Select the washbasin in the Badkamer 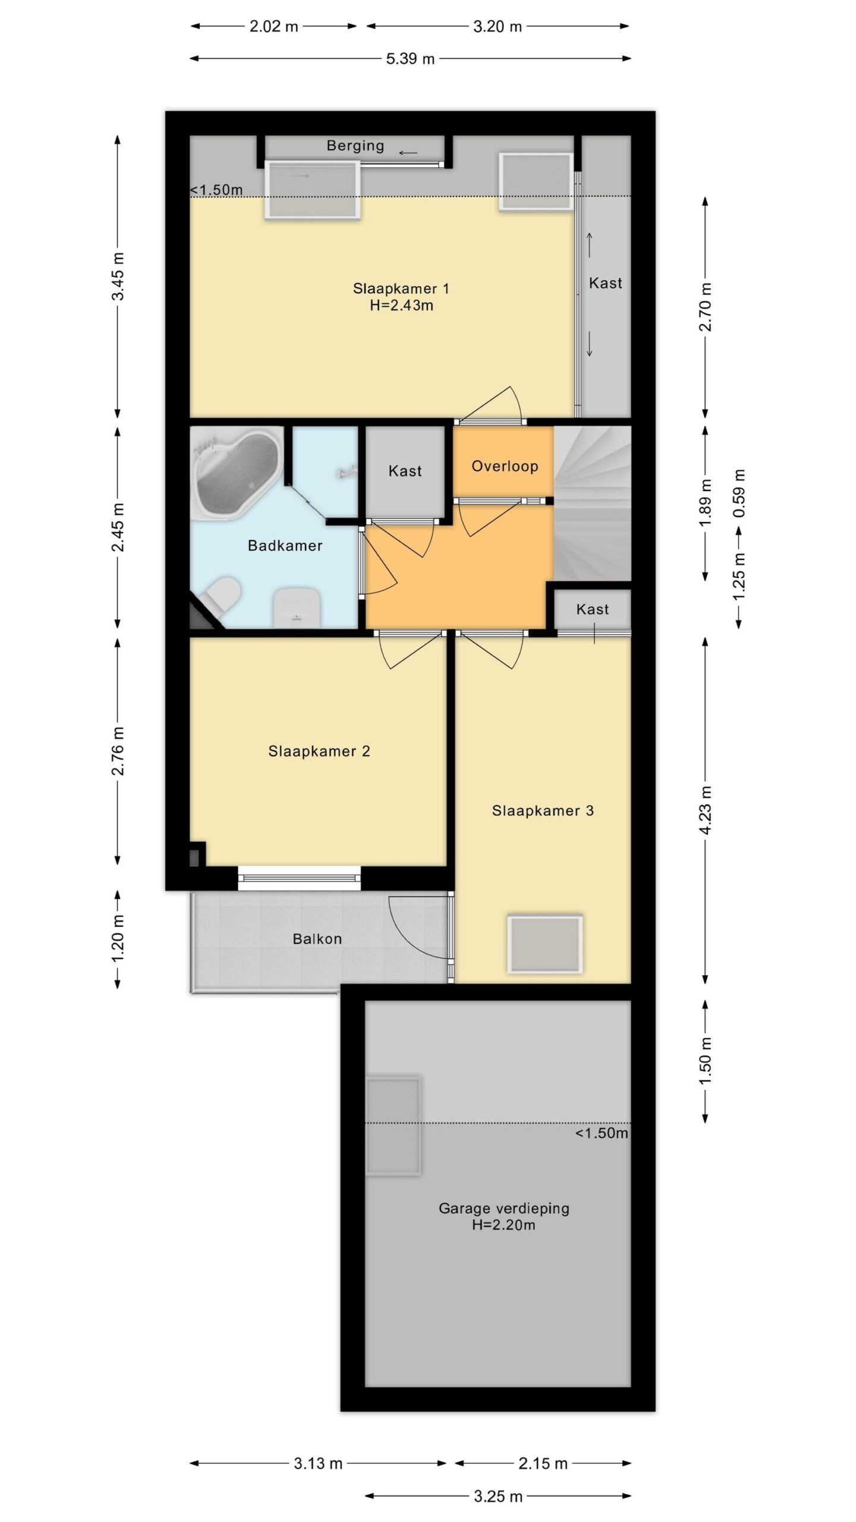click(x=297, y=608)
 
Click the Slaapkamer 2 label click(x=319, y=751)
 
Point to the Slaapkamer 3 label click(x=543, y=811)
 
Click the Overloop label click(x=505, y=466)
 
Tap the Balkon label click(x=317, y=939)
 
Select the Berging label click(x=355, y=146)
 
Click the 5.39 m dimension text click(x=410, y=59)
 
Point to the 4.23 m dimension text click(x=706, y=810)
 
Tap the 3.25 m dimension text click(x=498, y=1496)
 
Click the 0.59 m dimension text click(x=739, y=493)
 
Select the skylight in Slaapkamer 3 click(x=545, y=944)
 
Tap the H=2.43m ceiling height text click(x=401, y=306)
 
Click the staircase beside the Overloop click(x=592, y=503)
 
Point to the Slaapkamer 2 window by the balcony click(x=299, y=878)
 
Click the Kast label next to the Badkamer click(x=405, y=471)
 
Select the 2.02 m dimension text click(x=273, y=27)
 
